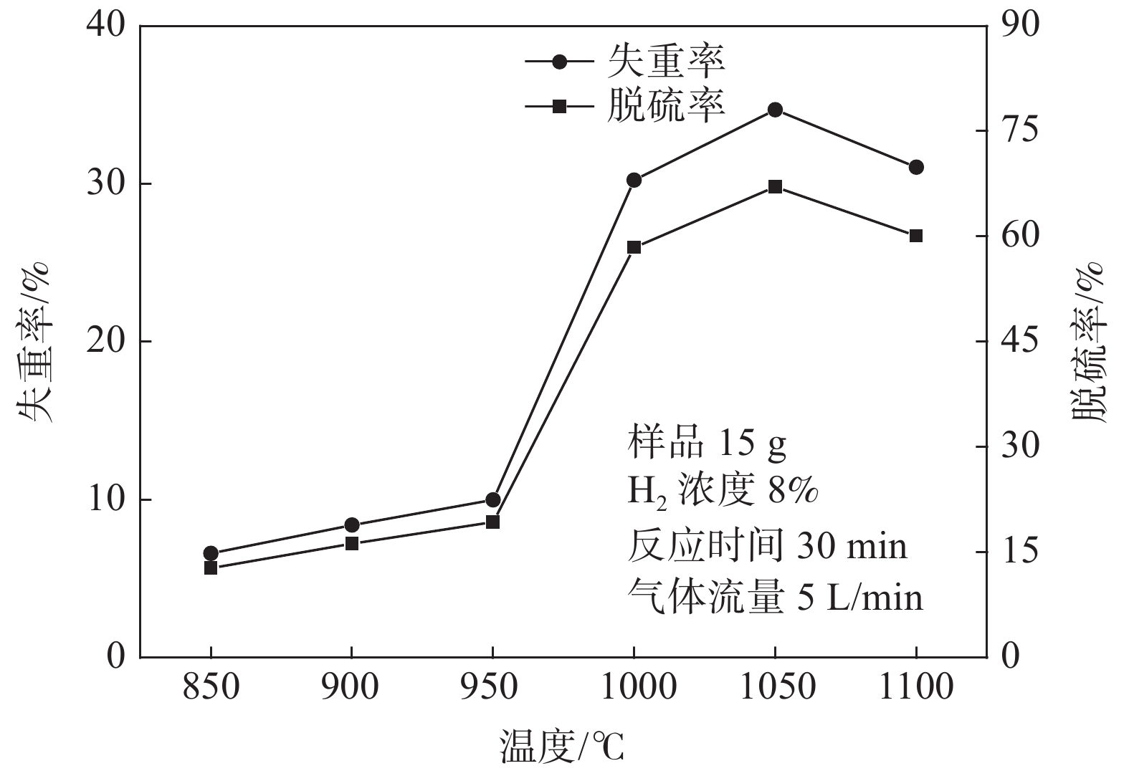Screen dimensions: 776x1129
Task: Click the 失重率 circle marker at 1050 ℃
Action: (x=775, y=110)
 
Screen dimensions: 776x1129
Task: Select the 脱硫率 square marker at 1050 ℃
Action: (x=775, y=187)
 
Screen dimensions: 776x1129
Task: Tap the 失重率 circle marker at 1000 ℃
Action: (x=634, y=180)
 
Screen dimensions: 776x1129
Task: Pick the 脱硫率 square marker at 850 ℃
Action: (x=211, y=567)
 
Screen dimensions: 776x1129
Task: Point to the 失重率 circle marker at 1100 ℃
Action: (x=916, y=167)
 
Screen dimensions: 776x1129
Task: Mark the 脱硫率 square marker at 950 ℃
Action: (x=492, y=522)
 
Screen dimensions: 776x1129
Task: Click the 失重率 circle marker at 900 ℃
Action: (x=352, y=525)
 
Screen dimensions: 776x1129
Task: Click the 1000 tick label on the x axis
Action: (x=634, y=689)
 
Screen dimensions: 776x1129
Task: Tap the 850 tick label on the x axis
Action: (x=211, y=689)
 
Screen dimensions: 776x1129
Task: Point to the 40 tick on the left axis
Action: (x=105, y=26)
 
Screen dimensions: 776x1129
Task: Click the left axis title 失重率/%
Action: (x=33, y=341)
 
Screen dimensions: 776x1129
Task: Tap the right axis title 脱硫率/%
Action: (x=1089, y=341)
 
